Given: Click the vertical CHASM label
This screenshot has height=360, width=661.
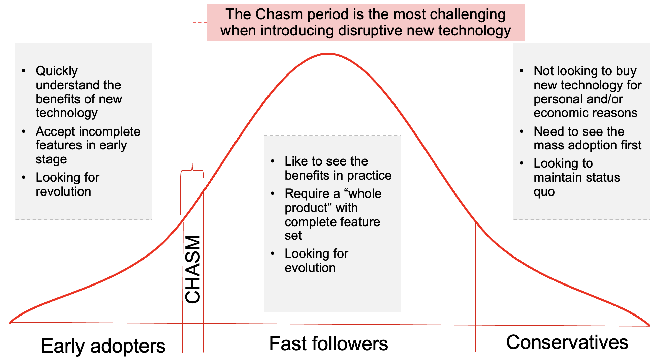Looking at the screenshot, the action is (193, 269).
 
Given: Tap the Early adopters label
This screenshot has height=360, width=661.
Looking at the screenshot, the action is (103, 346).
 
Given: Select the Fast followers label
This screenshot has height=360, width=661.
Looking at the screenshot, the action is (328, 344).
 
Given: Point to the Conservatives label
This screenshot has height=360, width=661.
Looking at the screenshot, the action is (567, 342).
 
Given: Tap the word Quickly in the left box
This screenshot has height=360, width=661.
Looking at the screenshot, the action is (57, 71).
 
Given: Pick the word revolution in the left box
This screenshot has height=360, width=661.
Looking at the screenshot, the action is (63, 191).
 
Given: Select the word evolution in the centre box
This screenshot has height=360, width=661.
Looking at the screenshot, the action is (310, 268).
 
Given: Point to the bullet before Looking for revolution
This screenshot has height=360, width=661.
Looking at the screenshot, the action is (24, 177).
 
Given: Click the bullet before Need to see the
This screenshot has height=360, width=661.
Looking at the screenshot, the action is (522, 131).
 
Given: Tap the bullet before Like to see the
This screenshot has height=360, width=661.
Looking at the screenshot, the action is (273, 161).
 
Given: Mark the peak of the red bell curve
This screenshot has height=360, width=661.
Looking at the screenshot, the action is (328, 54).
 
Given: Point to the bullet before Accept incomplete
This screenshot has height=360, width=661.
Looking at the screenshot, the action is (24, 131).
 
